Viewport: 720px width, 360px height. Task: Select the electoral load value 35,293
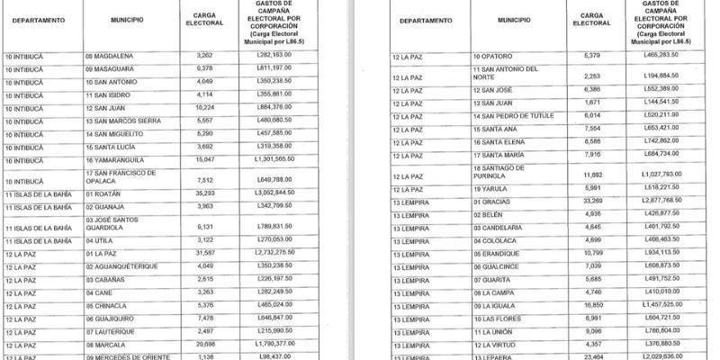(204, 193)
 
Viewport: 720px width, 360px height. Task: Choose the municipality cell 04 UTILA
(100, 241)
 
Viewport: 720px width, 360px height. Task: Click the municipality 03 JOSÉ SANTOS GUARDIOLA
(117, 221)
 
